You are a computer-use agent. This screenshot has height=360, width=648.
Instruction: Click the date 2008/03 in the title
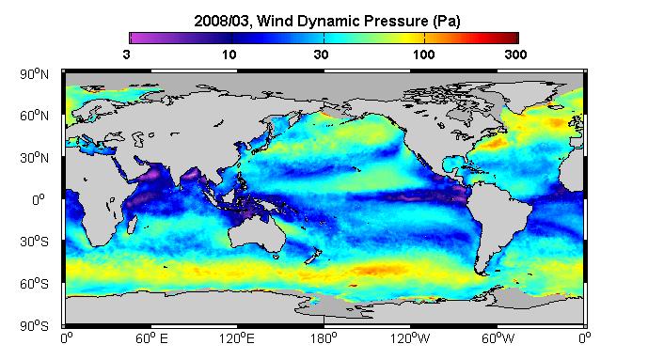coord(222,21)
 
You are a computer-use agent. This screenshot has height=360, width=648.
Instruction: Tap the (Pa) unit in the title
coord(447,22)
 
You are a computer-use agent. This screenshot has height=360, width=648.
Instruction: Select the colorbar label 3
coord(126,55)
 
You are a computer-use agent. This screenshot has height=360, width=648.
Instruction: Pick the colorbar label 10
coord(229,55)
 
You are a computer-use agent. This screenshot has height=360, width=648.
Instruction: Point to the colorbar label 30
coord(321,55)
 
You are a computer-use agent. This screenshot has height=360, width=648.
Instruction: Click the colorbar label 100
coord(423,55)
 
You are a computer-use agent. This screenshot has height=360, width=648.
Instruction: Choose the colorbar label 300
coord(515,55)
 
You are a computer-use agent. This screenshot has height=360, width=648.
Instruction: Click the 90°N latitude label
coord(34,74)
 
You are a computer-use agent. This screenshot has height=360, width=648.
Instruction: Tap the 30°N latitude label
coord(34,158)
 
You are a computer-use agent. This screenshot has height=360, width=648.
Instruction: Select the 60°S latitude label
coord(34,284)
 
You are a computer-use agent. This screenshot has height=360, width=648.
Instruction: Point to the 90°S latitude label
coord(34,326)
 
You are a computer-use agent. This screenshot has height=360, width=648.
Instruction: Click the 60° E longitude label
coord(151,338)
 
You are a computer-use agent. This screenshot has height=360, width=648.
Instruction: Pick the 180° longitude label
coord(324,338)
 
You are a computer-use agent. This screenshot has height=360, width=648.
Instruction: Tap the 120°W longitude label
coord(410,338)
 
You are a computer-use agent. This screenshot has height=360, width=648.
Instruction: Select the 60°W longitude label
coord(498,338)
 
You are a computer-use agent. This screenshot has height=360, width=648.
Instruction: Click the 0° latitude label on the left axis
coord(38,200)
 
